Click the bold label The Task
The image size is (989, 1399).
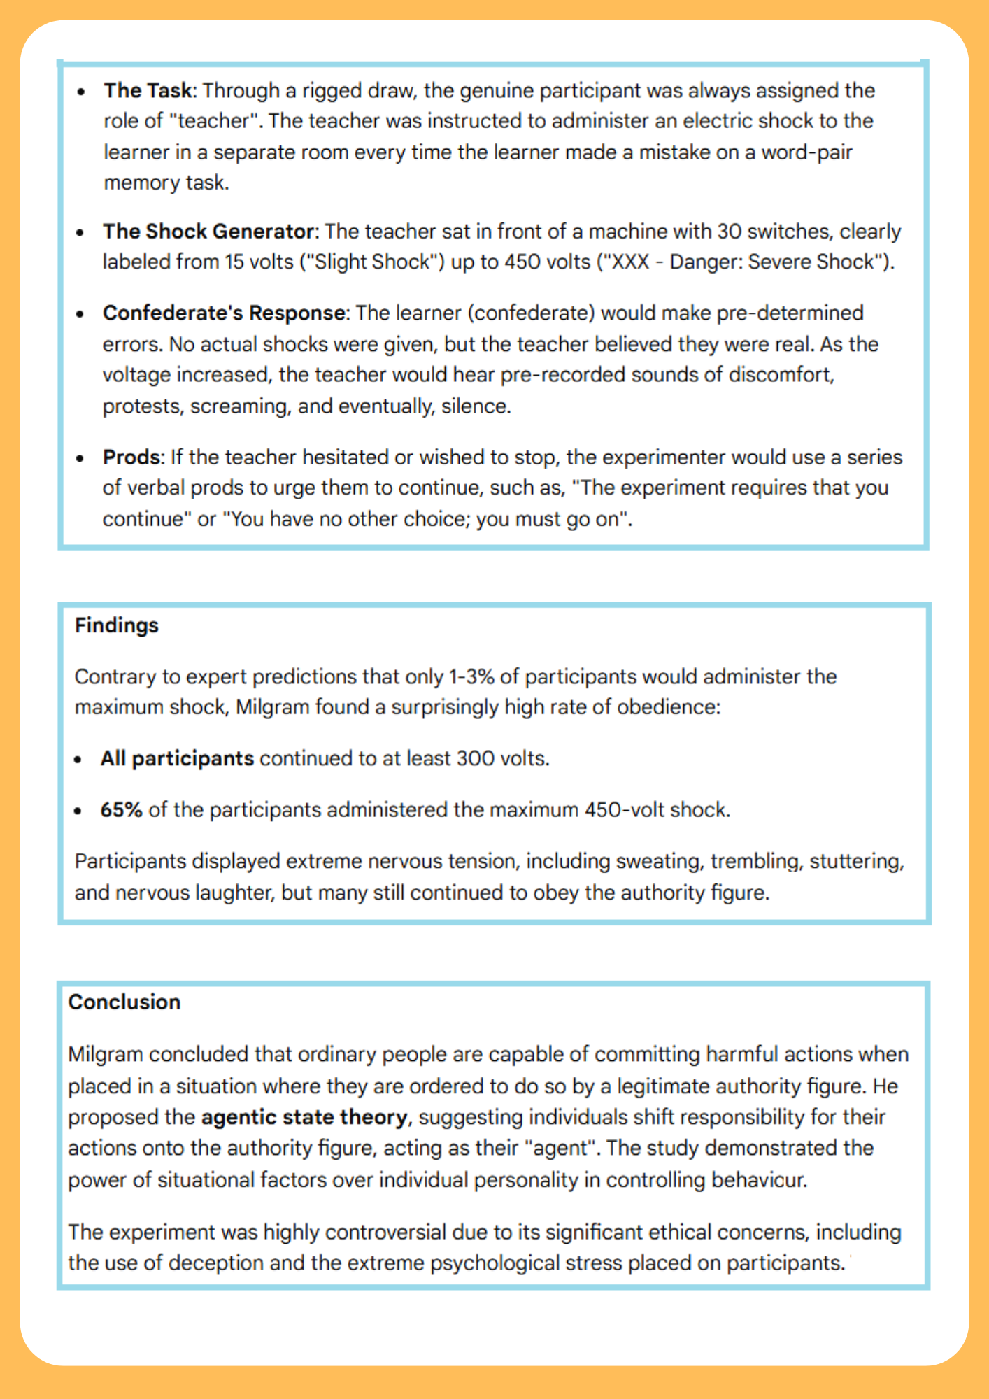tap(148, 90)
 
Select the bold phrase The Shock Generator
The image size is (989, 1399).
tap(208, 231)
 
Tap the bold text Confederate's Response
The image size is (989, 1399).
tap(224, 313)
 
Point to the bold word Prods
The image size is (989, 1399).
tap(131, 457)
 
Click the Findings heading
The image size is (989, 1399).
tap(117, 625)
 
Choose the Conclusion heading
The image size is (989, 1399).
tap(124, 1002)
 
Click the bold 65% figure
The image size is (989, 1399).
tap(121, 809)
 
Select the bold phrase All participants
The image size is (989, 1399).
tap(177, 758)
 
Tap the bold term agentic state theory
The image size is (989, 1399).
tap(304, 1117)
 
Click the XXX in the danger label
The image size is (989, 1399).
tap(631, 262)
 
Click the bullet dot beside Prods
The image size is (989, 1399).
tap(80, 458)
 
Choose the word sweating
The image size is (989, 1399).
tap(660, 861)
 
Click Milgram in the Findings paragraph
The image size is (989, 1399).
tap(272, 707)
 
